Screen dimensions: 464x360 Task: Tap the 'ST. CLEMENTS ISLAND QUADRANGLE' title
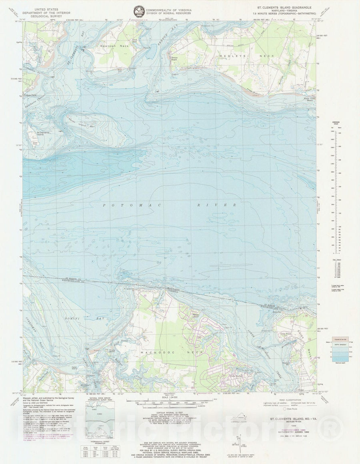286,7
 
